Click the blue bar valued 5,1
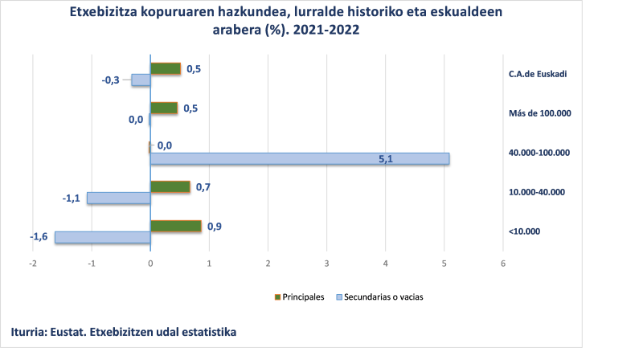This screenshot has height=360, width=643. pos(299,158)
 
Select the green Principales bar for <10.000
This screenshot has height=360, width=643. pos(175,227)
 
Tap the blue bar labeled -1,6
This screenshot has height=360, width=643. pos(102,237)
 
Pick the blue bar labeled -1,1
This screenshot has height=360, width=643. pos(118,198)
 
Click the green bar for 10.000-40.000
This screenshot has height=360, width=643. pos(170,187)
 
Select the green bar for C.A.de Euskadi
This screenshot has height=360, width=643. pos(165,69)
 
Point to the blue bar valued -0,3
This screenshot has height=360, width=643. pos(141,80)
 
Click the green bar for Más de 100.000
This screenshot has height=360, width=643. pos(163,108)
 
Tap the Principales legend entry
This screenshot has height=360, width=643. pos(303,297)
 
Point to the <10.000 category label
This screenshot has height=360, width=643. pos(524,232)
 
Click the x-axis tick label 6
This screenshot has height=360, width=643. pos(503,264)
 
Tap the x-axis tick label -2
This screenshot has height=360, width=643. pos(32,264)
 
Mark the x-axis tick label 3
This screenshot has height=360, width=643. pos(327,264)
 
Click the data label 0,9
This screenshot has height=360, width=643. pos(214,226)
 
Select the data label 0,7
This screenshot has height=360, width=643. pos(203,187)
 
